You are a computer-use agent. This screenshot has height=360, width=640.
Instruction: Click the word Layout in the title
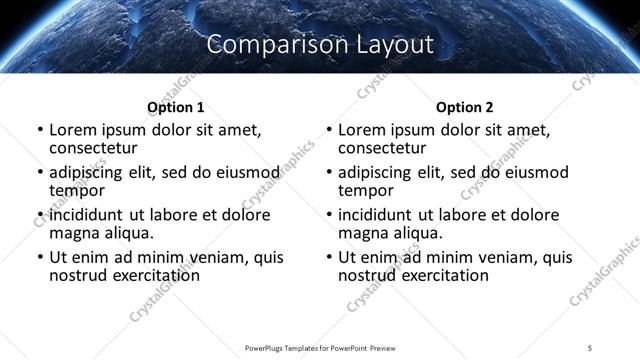[396, 45]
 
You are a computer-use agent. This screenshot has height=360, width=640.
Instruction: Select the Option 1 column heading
[176, 107]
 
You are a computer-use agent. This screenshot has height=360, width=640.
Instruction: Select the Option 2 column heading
[465, 107]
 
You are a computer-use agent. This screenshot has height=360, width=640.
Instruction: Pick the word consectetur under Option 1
[95, 148]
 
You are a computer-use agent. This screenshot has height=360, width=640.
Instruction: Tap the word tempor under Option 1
[77, 190]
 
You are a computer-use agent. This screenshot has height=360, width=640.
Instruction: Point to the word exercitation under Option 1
[154, 275]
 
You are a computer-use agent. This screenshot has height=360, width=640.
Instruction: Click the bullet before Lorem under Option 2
[329, 131]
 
